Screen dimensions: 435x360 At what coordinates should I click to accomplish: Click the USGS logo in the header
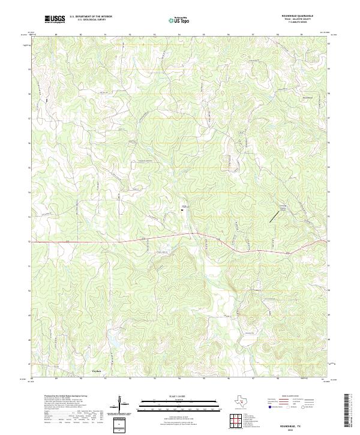tap(55, 19)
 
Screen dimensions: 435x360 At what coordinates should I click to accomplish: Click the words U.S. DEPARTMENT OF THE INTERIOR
tap(91, 17)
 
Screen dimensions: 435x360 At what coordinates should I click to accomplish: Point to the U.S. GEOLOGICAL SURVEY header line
tap(88, 20)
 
